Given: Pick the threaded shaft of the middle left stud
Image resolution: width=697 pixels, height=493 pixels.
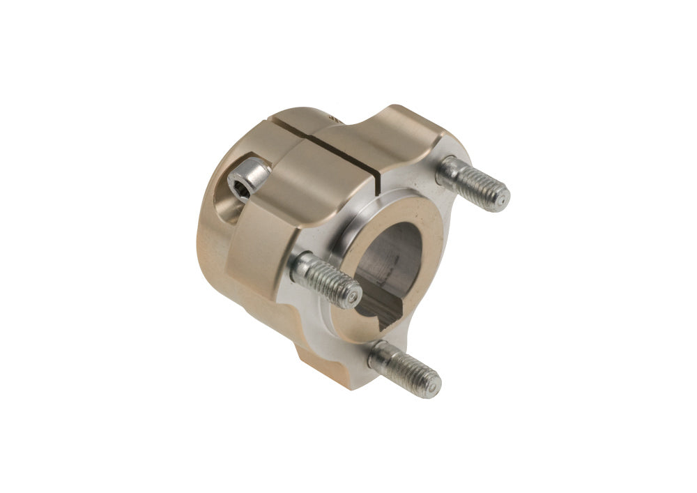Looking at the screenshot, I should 324,279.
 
